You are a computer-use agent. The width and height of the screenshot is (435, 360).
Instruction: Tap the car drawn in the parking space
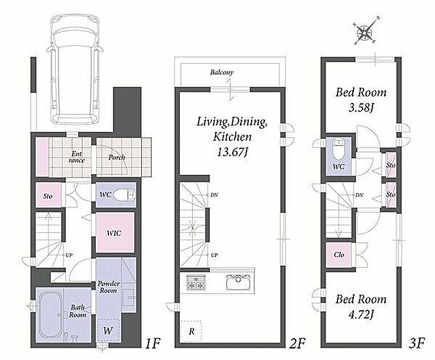(x=75, y=70)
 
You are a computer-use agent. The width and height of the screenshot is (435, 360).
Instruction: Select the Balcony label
(x=221, y=73)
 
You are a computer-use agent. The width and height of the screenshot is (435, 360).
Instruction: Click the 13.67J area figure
(x=232, y=152)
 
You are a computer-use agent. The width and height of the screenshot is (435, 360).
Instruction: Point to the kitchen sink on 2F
(x=239, y=282)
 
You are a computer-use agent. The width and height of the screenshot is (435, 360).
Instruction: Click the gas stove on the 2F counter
(x=196, y=282)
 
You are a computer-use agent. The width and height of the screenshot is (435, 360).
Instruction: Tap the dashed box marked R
(x=191, y=331)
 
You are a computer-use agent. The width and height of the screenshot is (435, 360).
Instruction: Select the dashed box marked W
(x=108, y=330)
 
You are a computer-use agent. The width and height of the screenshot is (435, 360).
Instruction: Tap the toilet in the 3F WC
(x=339, y=150)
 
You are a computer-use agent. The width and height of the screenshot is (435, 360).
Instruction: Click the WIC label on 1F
(x=114, y=233)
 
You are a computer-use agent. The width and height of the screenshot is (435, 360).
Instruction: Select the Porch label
(x=116, y=158)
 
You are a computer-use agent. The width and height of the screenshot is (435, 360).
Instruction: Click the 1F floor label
(x=152, y=343)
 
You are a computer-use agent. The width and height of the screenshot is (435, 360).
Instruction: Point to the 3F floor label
(x=417, y=343)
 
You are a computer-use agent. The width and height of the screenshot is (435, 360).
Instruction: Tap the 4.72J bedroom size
(x=360, y=315)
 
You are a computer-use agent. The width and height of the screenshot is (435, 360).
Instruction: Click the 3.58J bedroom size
(x=360, y=108)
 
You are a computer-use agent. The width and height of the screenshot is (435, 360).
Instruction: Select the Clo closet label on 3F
(x=339, y=255)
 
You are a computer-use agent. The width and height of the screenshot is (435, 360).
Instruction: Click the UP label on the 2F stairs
(x=214, y=255)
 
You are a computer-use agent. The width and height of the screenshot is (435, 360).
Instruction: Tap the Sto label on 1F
(x=48, y=196)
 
